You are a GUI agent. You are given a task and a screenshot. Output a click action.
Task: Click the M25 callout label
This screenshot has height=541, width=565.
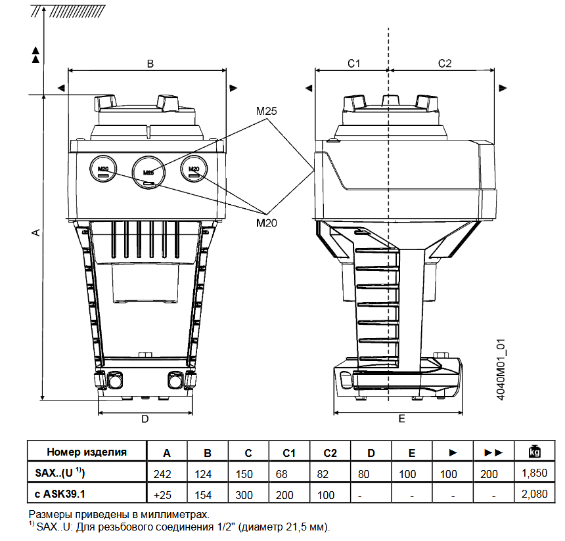coord(266,111)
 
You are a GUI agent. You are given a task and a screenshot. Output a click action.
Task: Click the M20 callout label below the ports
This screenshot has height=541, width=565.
coord(266,223)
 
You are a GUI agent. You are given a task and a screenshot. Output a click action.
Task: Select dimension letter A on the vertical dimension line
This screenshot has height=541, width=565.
coord(37,233)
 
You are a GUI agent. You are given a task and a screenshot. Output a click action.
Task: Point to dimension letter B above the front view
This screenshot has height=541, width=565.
coord(150,64)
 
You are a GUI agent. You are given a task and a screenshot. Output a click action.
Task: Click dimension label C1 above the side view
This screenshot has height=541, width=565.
coord(353,63)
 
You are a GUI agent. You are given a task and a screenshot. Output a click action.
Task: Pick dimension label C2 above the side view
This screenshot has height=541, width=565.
coord(445,63)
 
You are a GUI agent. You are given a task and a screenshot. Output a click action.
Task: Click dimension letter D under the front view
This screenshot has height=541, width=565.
coord(145,418)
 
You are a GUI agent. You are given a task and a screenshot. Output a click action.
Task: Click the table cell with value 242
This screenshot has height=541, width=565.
coord(167,473)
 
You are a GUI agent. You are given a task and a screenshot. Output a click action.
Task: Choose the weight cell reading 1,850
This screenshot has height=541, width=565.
coord(534,473)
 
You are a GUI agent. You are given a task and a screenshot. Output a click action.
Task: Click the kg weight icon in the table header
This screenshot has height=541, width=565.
coord(534,452)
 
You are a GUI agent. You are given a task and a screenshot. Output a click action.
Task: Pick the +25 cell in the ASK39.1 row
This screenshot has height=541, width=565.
coord(167,494)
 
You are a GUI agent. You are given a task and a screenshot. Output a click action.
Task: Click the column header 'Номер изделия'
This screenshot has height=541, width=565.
coord(86,452)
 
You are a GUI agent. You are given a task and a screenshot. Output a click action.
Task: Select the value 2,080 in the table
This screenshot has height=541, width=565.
coord(534,494)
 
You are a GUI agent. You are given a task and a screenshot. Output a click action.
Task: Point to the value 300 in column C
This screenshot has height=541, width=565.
coord(248,494)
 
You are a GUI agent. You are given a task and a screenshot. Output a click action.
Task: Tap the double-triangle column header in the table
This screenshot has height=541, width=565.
coord(493,452)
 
